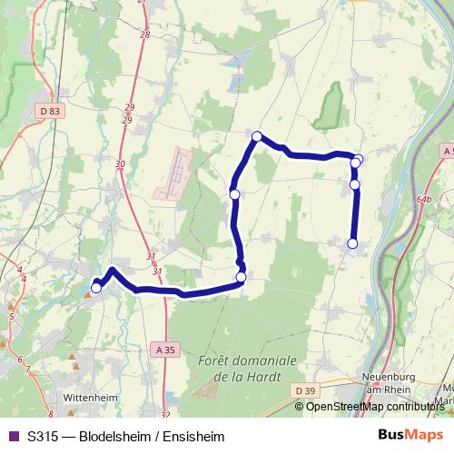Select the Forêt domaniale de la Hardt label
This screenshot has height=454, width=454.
[246, 368]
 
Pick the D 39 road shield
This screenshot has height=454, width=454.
[307, 390]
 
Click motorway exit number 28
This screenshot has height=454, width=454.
[145, 35]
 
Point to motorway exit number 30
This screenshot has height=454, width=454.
[121, 163]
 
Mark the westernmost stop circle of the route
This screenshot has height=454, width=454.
[96, 288]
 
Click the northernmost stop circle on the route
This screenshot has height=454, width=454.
[257, 136]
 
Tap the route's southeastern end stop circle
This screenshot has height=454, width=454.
[352, 242]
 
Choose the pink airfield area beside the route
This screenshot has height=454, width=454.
[174, 174]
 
